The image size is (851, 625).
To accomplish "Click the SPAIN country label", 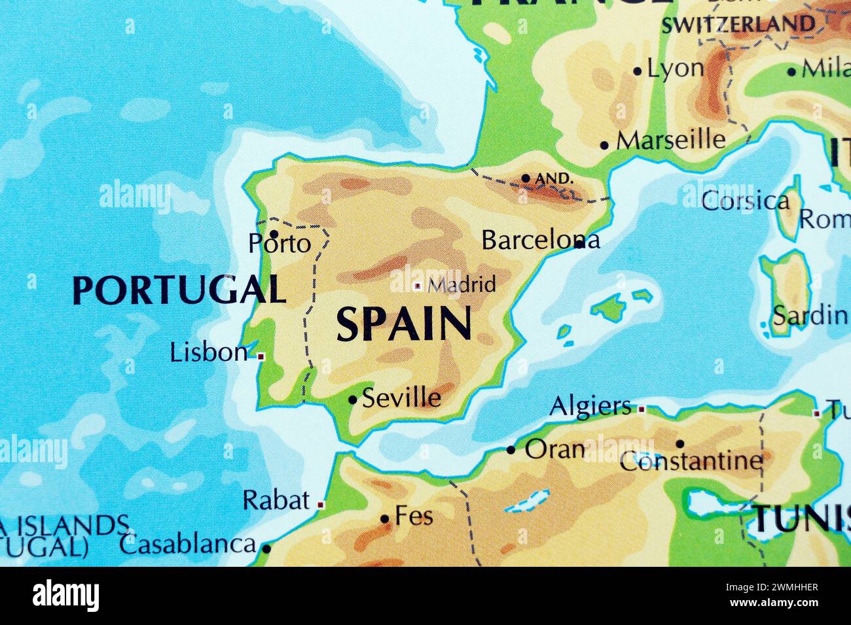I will coord(404,324).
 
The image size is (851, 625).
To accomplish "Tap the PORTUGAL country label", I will coord(179,289).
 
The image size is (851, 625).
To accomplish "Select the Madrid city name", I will coord(461,284).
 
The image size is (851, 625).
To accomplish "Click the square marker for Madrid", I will coord(418,286).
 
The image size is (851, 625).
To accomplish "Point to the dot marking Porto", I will coord(274,233).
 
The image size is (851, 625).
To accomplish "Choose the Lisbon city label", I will coord(208,353).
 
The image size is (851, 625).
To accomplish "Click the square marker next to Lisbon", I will coord(261,356).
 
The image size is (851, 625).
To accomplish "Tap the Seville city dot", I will coord(352,399).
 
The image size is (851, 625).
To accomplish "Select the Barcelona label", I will coord(539,240).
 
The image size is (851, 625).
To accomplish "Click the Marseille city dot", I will coord(604,145).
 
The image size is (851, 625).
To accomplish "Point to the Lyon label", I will coord(676,68).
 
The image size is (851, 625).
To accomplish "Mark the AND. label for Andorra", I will coord(554,178).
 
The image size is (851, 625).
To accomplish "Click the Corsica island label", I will coord(745,201).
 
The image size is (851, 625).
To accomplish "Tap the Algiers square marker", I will coord(642,409).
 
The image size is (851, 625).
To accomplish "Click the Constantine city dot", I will coord(679,444).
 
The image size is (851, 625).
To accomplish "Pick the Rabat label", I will coord(276,501).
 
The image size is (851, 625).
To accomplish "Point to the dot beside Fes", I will coord(385,520).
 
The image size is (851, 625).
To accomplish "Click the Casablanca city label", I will coord(187,544).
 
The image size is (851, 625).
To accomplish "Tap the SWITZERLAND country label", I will coord(738,25).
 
